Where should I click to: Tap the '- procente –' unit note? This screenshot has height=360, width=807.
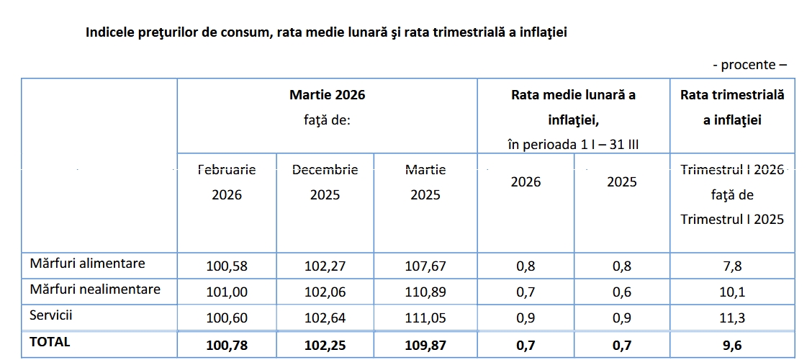point(749,65)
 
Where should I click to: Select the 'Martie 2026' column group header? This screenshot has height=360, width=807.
point(328,107)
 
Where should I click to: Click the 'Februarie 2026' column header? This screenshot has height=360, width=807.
point(227,182)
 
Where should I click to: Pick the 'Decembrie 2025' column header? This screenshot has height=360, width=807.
point(325,182)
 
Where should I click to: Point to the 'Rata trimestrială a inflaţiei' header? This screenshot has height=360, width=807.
point(733,107)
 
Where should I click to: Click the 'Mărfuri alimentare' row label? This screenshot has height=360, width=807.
point(88,264)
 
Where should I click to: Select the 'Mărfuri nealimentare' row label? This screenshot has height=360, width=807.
point(95,289)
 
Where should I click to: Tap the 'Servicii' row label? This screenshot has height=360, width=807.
point(51,315)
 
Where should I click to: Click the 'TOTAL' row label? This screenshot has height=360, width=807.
point(50,342)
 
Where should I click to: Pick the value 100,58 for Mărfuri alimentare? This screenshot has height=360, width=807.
point(227,266)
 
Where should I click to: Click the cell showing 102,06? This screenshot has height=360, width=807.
point(325,292)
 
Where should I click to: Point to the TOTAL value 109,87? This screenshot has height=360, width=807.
point(425,343)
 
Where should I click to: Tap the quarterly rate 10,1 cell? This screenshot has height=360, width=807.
point(732,292)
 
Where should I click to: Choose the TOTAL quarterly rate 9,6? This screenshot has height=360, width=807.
point(732,343)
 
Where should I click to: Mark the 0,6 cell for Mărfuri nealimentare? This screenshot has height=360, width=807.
point(622,292)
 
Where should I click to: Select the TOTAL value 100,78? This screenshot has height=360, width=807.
point(227,343)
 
